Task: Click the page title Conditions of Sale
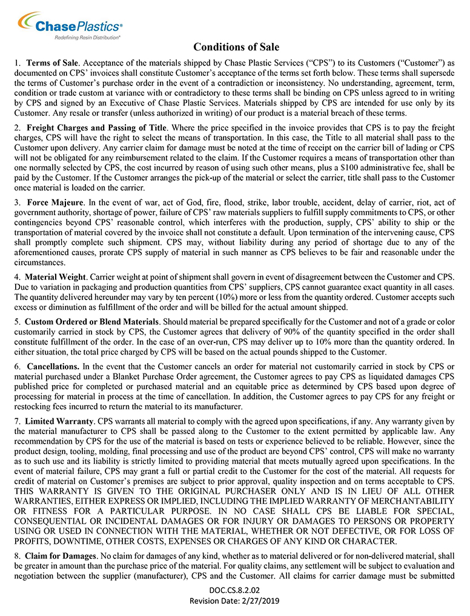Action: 236,47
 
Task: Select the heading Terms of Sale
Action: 53,63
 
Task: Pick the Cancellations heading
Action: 52,367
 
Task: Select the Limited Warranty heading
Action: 59,421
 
